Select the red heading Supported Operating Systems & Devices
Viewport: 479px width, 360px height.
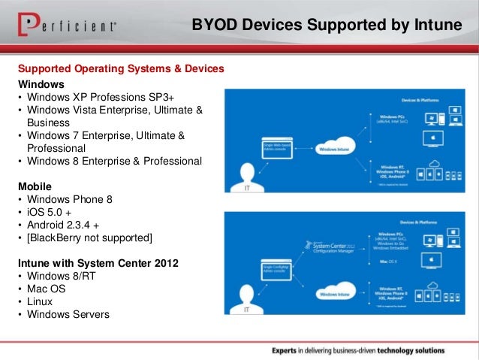pos(120,69)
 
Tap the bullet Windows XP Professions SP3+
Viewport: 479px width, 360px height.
pos(104,97)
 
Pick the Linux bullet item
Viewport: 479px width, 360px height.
pos(42,301)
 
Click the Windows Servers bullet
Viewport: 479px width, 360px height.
pos(68,314)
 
